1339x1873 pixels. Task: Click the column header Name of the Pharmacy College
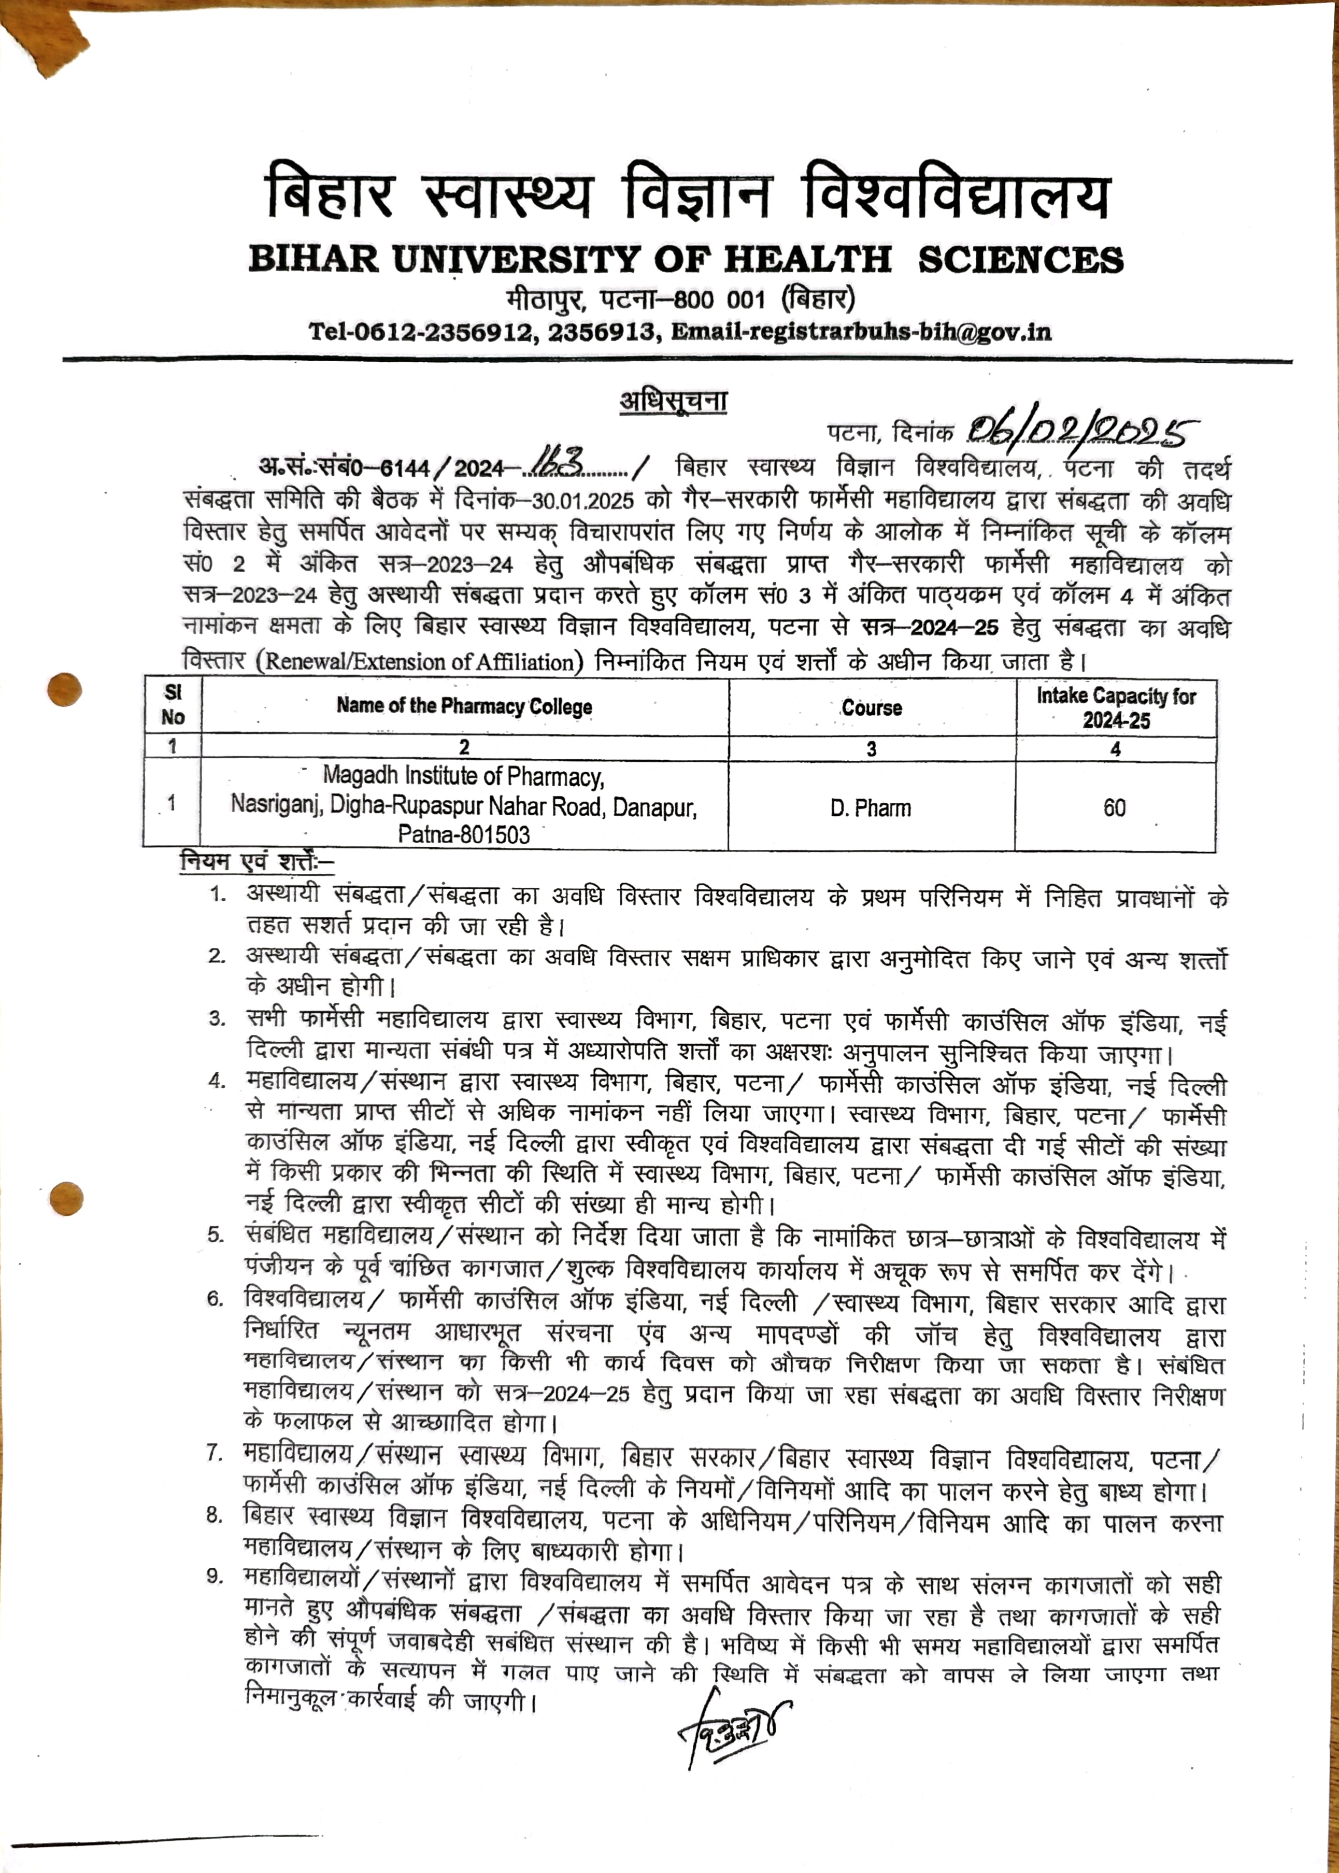(464, 706)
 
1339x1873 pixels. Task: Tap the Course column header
(872, 708)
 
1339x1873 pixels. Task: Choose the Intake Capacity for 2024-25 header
(1116, 708)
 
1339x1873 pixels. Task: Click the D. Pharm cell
(871, 808)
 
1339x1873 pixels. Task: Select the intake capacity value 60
(1114, 808)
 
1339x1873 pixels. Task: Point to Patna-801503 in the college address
(464, 834)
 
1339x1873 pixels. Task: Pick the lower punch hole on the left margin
(66, 1198)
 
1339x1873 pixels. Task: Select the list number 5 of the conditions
(216, 1235)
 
